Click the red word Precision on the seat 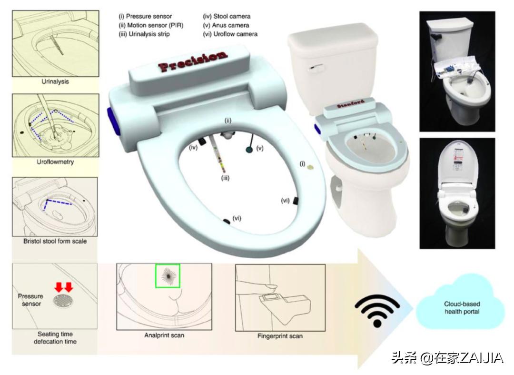pyautogui.click(x=193, y=61)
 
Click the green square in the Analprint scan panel pyautogui.click(x=168, y=276)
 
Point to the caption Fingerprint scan pyautogui.click(x=280, y=336)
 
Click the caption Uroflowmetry pyautogui.click(x=55, y=162)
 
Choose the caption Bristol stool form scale pyautogui.click(x=55, y=241)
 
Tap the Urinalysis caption pyautogui.click(x=55, y=81)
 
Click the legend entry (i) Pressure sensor pyautogui.click(x=145, y=16)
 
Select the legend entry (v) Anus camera pyautogui.click(x=226, y=25)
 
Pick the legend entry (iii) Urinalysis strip pyautogui.click(x=144, y=34)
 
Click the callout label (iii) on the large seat pyautogui.click(x=225, y=178)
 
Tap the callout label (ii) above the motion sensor pyautogui.click(x=228, y=121)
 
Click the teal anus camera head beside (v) pyautogui.click(x=249, y=150)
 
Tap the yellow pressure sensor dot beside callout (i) pyautogui.click(x=310, y=168)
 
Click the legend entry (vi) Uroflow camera pyautogui.click(x=230, y=34)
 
